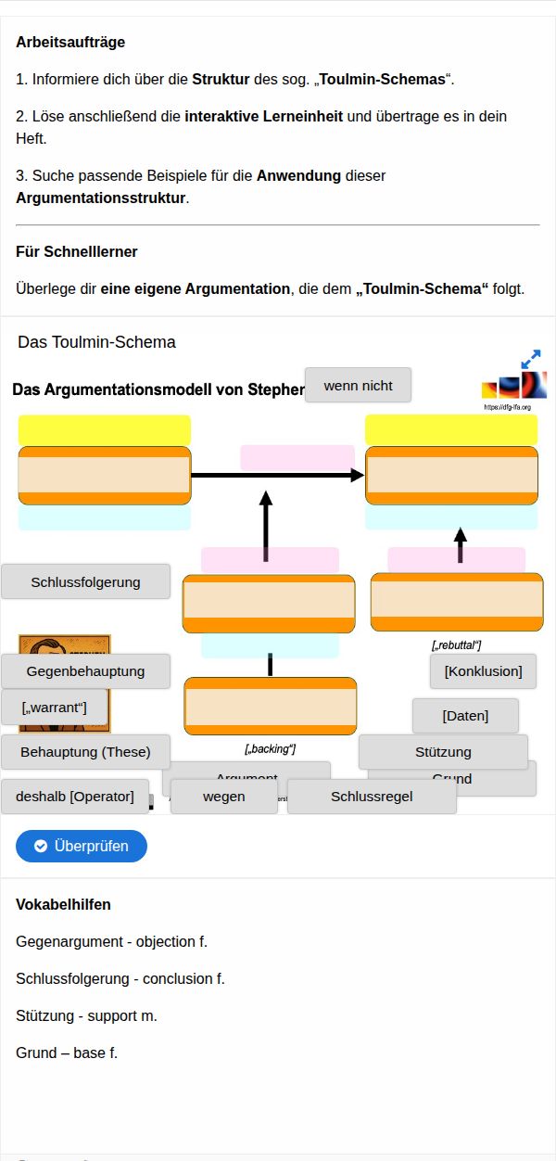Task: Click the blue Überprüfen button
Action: point(82,846)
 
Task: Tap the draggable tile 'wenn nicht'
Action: point(358,385)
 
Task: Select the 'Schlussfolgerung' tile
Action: point(85,581)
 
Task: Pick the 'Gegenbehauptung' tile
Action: point(85,670)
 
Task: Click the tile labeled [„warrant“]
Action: point(54,708)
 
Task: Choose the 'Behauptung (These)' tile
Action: point(85,751)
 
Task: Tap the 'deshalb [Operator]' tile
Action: point(75,796)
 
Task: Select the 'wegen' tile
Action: point(223,796)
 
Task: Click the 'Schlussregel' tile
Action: point(372,796)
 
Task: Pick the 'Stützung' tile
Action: point(443,751)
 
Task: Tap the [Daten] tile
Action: point(465,715)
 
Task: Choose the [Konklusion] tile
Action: point(483,670)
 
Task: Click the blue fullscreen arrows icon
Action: point(531,359)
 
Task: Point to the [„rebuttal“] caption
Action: point(456,644)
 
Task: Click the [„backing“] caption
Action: point(270,748)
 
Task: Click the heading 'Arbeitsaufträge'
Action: point(70,42)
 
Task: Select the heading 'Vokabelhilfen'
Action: point(64,904)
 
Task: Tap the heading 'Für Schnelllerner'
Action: point(77,251)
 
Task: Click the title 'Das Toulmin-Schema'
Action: point(96,342)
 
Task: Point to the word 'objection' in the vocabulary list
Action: point(165,941)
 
